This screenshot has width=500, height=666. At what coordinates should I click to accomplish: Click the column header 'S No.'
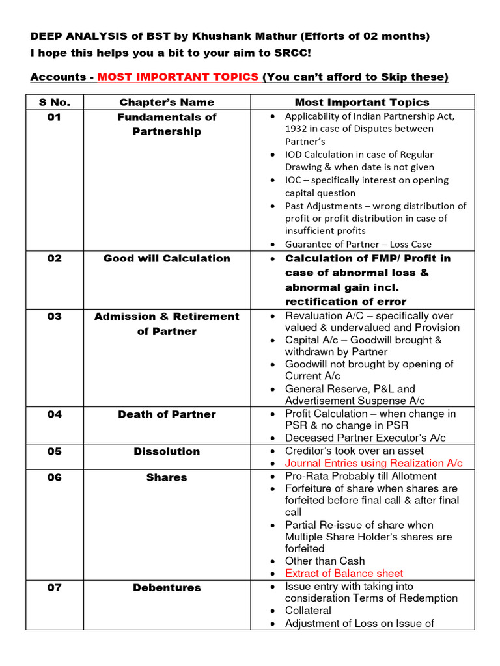pos(54,102)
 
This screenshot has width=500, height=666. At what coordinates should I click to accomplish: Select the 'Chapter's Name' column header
pos(167,102)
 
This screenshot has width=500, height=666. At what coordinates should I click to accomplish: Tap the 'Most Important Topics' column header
pos(362,102)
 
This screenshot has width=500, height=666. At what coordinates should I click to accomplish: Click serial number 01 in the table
pos(54,117)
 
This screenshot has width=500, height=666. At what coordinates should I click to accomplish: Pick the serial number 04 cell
pos(54,414)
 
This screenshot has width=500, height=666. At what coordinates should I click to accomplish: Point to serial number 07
pos(54,587)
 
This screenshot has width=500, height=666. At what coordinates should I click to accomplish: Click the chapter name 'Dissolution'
pos(167,451)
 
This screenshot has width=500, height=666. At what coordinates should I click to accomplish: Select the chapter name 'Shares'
pos(167,477)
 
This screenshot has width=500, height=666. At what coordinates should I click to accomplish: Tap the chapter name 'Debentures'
pos(167,587)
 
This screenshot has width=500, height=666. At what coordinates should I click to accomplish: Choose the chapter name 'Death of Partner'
pos(167,414)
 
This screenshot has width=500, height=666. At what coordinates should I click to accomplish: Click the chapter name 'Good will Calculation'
pos(167,258)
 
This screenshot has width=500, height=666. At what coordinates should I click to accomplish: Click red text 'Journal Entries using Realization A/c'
pos(374,463)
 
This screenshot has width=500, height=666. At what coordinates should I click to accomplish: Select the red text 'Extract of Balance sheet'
pos(344,573)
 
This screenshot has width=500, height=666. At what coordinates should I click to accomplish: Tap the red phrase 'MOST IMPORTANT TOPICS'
pos(178,77)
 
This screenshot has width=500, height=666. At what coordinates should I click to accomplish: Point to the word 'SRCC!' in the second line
pos(293,53)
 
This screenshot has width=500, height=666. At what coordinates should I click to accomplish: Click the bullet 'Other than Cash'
pos(325,561)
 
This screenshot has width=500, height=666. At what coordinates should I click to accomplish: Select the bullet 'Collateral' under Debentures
pos(308,610)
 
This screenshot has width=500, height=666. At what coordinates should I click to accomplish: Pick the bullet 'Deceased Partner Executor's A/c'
pos(365,438)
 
